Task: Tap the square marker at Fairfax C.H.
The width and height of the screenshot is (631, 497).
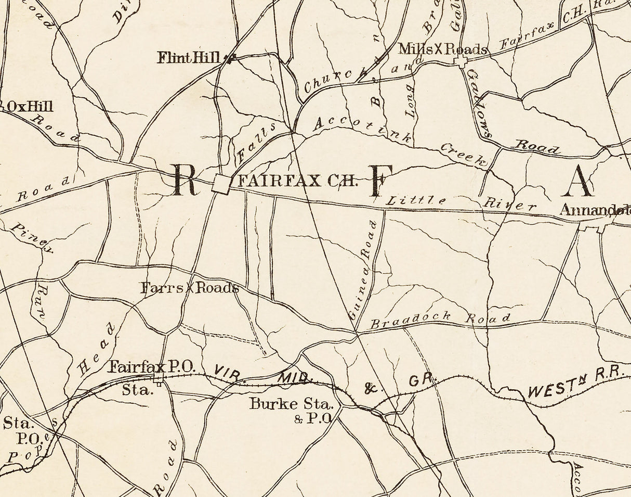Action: tap(221, 184)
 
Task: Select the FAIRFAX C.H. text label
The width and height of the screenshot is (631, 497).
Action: tap(298, 181)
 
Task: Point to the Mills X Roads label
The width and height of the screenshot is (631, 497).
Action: tap(443, 49)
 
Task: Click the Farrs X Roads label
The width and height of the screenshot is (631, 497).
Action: tap(190, 288)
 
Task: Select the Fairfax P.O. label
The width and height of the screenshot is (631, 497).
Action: tap(151, 367)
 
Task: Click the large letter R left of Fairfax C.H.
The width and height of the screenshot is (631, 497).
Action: tap(185, 180)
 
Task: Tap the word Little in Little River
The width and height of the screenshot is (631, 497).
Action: tap(417, 200)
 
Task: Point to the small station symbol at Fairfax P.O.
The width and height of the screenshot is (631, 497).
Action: tap(159, 377)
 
